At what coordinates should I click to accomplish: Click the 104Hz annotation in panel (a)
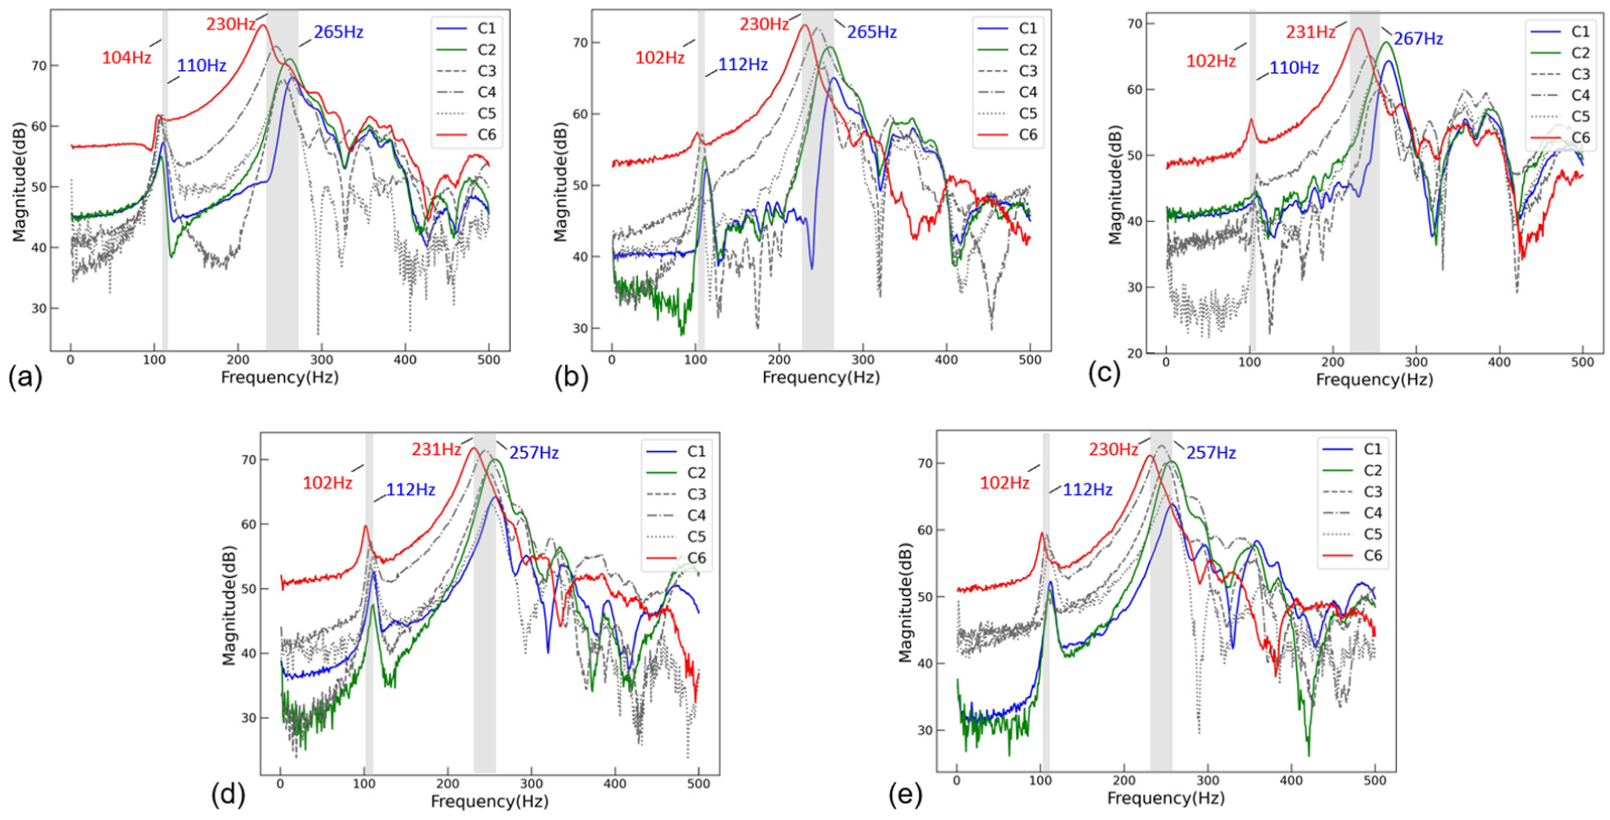(x=127, y=58)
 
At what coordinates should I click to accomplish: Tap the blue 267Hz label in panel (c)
(x=1418, y=39)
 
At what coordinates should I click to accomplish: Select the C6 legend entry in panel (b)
(x=1010, y=135)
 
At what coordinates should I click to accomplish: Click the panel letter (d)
(x=228, y=795)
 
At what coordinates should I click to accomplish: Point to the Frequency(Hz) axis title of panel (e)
(x=1166, y=798)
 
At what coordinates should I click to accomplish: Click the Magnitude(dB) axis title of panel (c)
(x=1115, y=185)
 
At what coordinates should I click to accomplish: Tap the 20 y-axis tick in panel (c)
(x=1134, y=354)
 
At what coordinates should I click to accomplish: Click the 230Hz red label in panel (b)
(x=764, y=25)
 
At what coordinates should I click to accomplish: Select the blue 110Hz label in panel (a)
(x=201, y=66)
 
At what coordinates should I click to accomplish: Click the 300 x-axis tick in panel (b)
(x=863, y=360)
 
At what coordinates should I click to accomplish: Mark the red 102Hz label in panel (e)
(x=1004, y=483)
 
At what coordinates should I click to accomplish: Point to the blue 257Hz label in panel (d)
(x=534, y=453)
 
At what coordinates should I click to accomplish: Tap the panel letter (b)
(x=571, y=376)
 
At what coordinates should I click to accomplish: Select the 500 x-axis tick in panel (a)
(x=489, y=360)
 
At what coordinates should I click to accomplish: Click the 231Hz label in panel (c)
(x=1311, y=32)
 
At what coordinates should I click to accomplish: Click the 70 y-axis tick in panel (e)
(x=925, y=464)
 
